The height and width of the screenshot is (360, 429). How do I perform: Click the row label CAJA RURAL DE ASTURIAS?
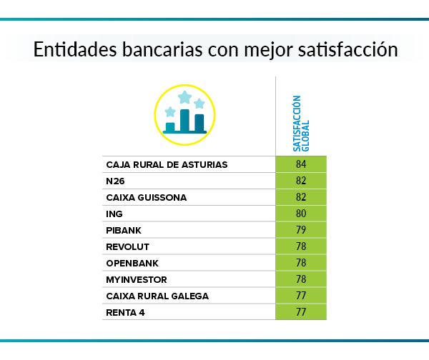pos(167,164)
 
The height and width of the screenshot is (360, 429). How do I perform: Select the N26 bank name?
pos(115,181)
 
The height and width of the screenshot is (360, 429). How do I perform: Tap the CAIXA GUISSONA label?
pos(147,197)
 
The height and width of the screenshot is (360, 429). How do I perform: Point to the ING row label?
pos(114,214)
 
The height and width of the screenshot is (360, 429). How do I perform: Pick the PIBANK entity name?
pos(124,230)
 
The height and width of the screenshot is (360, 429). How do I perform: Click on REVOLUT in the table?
pos(127,246)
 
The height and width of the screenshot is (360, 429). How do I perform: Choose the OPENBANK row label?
pos(132,263)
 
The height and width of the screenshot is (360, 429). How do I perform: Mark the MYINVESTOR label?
pos(137,279)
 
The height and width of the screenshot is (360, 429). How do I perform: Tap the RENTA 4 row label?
pos(126,312)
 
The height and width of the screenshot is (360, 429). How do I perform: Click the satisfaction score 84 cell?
pos(300,164)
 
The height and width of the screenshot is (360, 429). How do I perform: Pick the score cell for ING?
pos(300,214)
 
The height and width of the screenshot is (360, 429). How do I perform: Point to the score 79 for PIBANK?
pos(300,230)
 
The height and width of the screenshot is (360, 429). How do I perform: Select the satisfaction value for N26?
pos(300,181)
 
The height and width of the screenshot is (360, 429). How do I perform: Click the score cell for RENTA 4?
pos(300,312)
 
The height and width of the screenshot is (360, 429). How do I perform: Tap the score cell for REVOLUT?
pos(300,246)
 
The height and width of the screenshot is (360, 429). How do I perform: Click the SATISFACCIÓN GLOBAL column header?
pos(301,121)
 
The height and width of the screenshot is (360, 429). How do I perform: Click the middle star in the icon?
pos(184,96)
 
